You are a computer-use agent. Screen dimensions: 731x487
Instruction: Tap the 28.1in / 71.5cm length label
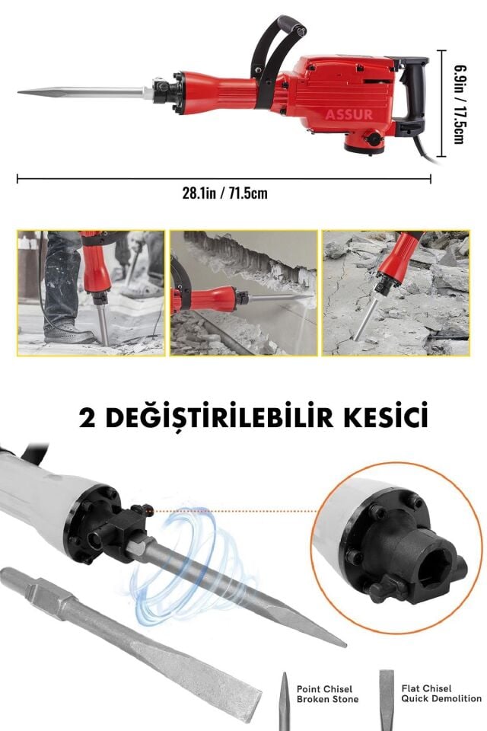[x=224, y=193]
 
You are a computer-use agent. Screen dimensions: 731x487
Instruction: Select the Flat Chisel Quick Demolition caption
[x=441, y=692]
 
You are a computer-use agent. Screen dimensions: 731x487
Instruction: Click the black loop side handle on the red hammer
[x=274, y=38]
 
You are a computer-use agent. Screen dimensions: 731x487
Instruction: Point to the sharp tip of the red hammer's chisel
[x=21, y=93]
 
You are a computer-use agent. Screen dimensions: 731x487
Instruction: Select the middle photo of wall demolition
[x=243, y=293]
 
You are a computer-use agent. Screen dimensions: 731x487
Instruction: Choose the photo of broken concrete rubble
[x=396, y=293]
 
